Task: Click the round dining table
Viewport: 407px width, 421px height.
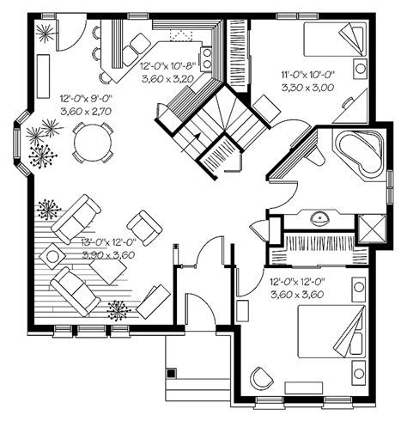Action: coord(91,142)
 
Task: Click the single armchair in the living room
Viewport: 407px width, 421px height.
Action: coord(145,226)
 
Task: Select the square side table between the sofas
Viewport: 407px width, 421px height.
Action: coord(53,255)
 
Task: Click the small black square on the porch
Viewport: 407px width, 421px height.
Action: coord(172,373)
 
